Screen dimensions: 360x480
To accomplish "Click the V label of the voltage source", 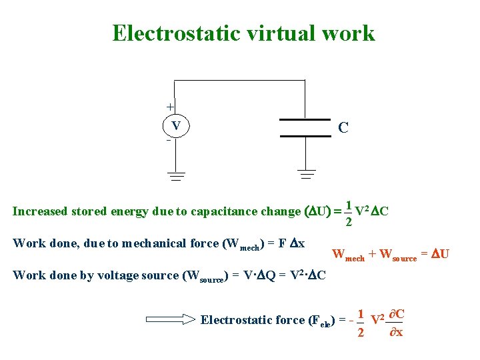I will [x=176, y=126].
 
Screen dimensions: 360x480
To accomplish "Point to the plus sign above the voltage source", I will [x=170, y=107].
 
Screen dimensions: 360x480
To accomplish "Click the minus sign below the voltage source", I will [x=169, y=141].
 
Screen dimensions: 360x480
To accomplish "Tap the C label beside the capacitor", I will [x=343, y=127].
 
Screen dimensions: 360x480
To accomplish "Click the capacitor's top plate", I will [x=305, y=120].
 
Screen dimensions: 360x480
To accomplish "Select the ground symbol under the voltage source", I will [x=176, y=177].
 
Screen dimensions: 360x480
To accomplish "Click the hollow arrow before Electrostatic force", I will [x=170, y=319].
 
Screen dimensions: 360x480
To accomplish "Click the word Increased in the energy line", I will [x=41, y=212].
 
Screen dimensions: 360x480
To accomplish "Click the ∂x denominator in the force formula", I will [x=395, y=332].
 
